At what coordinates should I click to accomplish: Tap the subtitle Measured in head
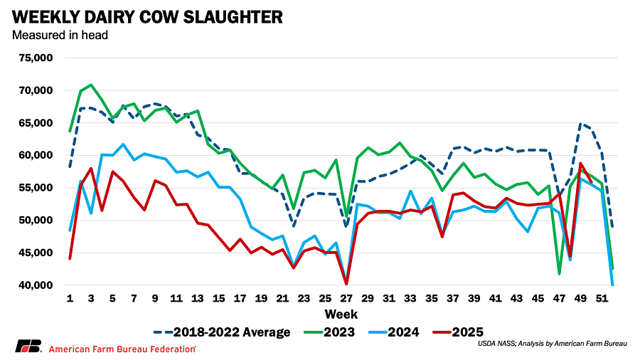coord(60,34)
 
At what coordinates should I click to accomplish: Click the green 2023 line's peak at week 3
coord(91,85)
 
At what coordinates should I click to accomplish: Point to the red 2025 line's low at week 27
coord(346,284)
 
